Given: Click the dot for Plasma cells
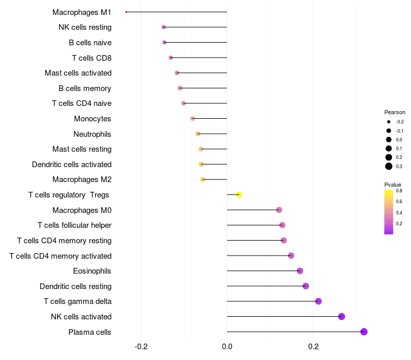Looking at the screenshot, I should pyautogui.click(x=364, y=332).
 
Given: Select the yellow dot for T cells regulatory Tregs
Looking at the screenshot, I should pyautogui.click(x=239, y=194).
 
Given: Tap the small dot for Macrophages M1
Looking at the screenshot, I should pyautogui.click(x=126, y=12).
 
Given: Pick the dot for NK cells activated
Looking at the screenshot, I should pyautogui.click(x=342, y=316).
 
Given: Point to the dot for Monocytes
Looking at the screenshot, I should pyautogui.click(x=193, y=118).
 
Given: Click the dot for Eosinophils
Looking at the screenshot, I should pyautogui.click(x=300, y=271).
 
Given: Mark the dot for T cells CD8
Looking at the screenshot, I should pyautogui.click(x=171, y=58).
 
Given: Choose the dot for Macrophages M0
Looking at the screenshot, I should pyautogui.click(x=279, y=210).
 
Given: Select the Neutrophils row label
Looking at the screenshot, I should pyautogui.click(x=92, y=134).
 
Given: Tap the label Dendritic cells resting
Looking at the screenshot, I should pyautogui.click(x=76, y=286).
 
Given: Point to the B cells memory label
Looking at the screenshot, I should pyautogui.click(x=85, y=88).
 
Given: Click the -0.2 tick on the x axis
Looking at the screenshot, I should pyautogui.click(x=141, y=347).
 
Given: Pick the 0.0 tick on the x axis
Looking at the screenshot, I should pyautogui.click(x=227, y=347).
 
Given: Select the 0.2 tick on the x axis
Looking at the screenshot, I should pyautogui.click(x=313, y=347).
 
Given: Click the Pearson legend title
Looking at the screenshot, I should pyautogui.click(x=395, y=112).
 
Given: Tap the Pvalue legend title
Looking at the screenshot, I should pyautogui.click(x=393, y=185).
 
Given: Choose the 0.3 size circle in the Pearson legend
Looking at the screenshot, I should pyautogui.click(x=389, y=166).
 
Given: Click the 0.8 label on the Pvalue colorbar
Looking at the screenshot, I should pyautogui.click(x=399, y=191).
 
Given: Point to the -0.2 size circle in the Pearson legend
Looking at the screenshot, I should pyautogui.click(x=389, y=122).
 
